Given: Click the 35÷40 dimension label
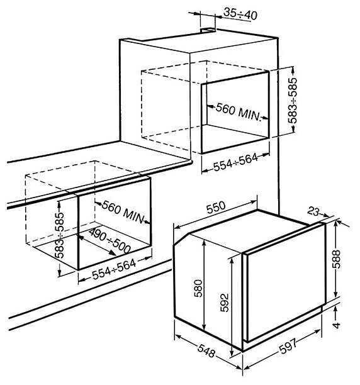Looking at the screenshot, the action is click(240, 14).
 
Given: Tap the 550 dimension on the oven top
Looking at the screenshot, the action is click(216, 208).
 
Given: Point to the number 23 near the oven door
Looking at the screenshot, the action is click(314, 211).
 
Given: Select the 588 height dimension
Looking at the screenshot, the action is click(337, 260).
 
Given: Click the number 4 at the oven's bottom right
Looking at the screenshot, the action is click(337, 325).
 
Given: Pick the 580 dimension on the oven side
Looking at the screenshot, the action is click(198, 288).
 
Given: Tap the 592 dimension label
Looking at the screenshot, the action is click(225, 303).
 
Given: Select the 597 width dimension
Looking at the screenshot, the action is click(289, 346).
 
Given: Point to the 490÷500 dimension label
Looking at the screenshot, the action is click(110, 241).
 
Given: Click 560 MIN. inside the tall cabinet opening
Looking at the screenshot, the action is click(238, 113).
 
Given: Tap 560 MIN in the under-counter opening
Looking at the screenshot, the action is click(123, 211).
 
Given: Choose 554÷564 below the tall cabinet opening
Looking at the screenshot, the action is click(236, 162).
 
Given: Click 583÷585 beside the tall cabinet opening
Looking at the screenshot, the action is click(293, 101).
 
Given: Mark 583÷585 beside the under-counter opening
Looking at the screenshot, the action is click(59, 235).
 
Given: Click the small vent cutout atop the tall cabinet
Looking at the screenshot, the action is click(208, 30).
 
